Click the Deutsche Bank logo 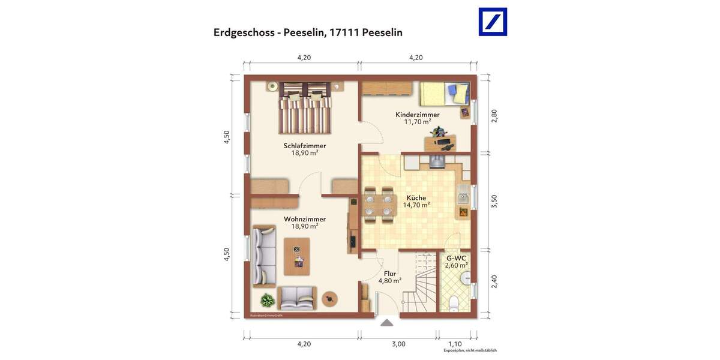493,22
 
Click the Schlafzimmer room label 305,146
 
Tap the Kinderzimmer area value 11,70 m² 417,122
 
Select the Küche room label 416,198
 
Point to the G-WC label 456,258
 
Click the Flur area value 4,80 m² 390,281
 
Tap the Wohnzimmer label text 305,219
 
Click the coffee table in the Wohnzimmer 297,256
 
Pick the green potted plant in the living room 267,299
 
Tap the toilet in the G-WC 454,303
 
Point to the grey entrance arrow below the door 387,323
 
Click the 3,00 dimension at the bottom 399,344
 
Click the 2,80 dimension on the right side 494,116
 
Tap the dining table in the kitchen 379,205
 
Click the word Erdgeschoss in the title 244,32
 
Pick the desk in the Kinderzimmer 440,143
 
